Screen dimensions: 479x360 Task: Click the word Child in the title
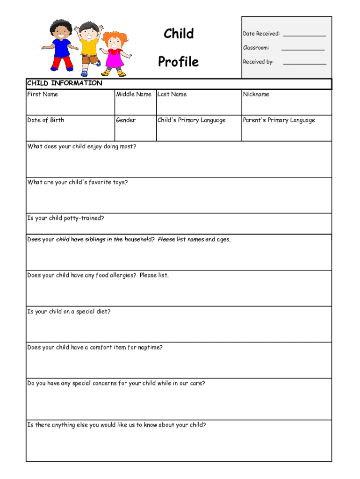pyautogui.click(x=179, y=34)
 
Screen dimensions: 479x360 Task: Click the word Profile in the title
pyautogui.click(x=178, y=62)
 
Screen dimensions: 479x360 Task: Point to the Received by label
pyautogui.click(x=258, y=62)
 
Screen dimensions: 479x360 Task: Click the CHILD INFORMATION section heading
pyautogui.click(x=65, y=83)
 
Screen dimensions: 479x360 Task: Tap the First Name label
pyautogui.click(x=43, y=94)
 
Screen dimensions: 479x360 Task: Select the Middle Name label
pyautogui.click(x=134, y=94)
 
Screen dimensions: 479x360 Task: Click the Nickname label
pyautogui.click(x=256, y=94)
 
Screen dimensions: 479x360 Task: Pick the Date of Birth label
pyautogui.click(x=46, y=120)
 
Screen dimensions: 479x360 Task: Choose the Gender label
pyautogui.click(x=126, y=120)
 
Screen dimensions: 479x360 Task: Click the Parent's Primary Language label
pyautogui.click(x=279, y=120)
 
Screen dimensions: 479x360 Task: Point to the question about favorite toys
pyautogui.click(x=78, y=182)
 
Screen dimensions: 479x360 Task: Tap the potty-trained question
pyautogui.click(x=66, y=218)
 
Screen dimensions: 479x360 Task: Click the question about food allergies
pyautogui.click(x=98, y=276)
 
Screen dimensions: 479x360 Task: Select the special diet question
pyautogui.click(x=69, y=312)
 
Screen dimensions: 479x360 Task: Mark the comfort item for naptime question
pyautogui.click(x=95, y=348)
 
